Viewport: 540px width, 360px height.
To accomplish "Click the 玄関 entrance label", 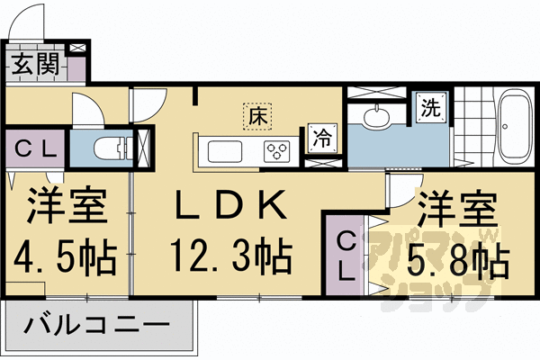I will [35, 65].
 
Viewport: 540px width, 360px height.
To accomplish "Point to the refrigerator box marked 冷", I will [321, 138].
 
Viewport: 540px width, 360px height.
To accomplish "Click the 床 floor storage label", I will [256, 115].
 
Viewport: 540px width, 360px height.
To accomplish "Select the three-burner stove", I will [275, 150].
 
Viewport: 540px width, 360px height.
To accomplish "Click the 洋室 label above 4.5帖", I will [65, 208].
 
